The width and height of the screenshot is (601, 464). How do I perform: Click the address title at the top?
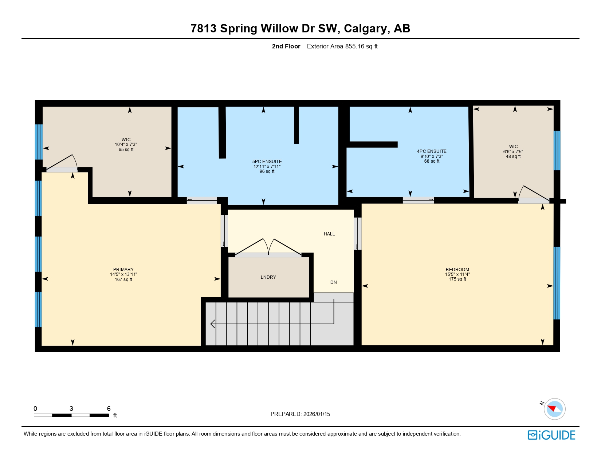click(300, 28)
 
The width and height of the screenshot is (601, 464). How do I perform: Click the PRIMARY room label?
click(123, 270)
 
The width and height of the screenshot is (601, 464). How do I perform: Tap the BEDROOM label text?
click(457, 270)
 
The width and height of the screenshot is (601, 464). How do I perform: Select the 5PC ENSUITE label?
click(267, 162)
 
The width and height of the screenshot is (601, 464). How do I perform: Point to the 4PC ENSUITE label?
click(432, 151)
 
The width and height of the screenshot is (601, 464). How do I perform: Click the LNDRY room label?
click(268, 277)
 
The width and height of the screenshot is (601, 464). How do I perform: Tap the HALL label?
click(329, 234)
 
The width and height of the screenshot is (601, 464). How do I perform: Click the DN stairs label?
click(333, 282)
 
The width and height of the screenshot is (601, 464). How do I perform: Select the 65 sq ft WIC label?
click(126, 144)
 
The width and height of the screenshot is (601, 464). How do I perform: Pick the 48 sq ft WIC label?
click(513, 151)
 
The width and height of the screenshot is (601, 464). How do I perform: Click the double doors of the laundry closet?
click(268, 247)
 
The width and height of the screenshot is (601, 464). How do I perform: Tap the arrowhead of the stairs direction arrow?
click(212, 324)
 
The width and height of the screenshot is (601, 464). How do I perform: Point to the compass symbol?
click(554, 409)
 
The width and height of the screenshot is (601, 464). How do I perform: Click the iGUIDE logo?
click(551, 435)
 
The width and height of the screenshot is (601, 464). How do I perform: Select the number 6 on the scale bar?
click(109, 409)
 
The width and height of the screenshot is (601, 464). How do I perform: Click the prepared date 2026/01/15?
click(300, 414)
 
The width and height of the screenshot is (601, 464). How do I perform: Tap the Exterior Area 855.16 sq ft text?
click(342, 46)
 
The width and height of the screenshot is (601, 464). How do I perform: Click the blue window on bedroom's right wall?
click(557, 283)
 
